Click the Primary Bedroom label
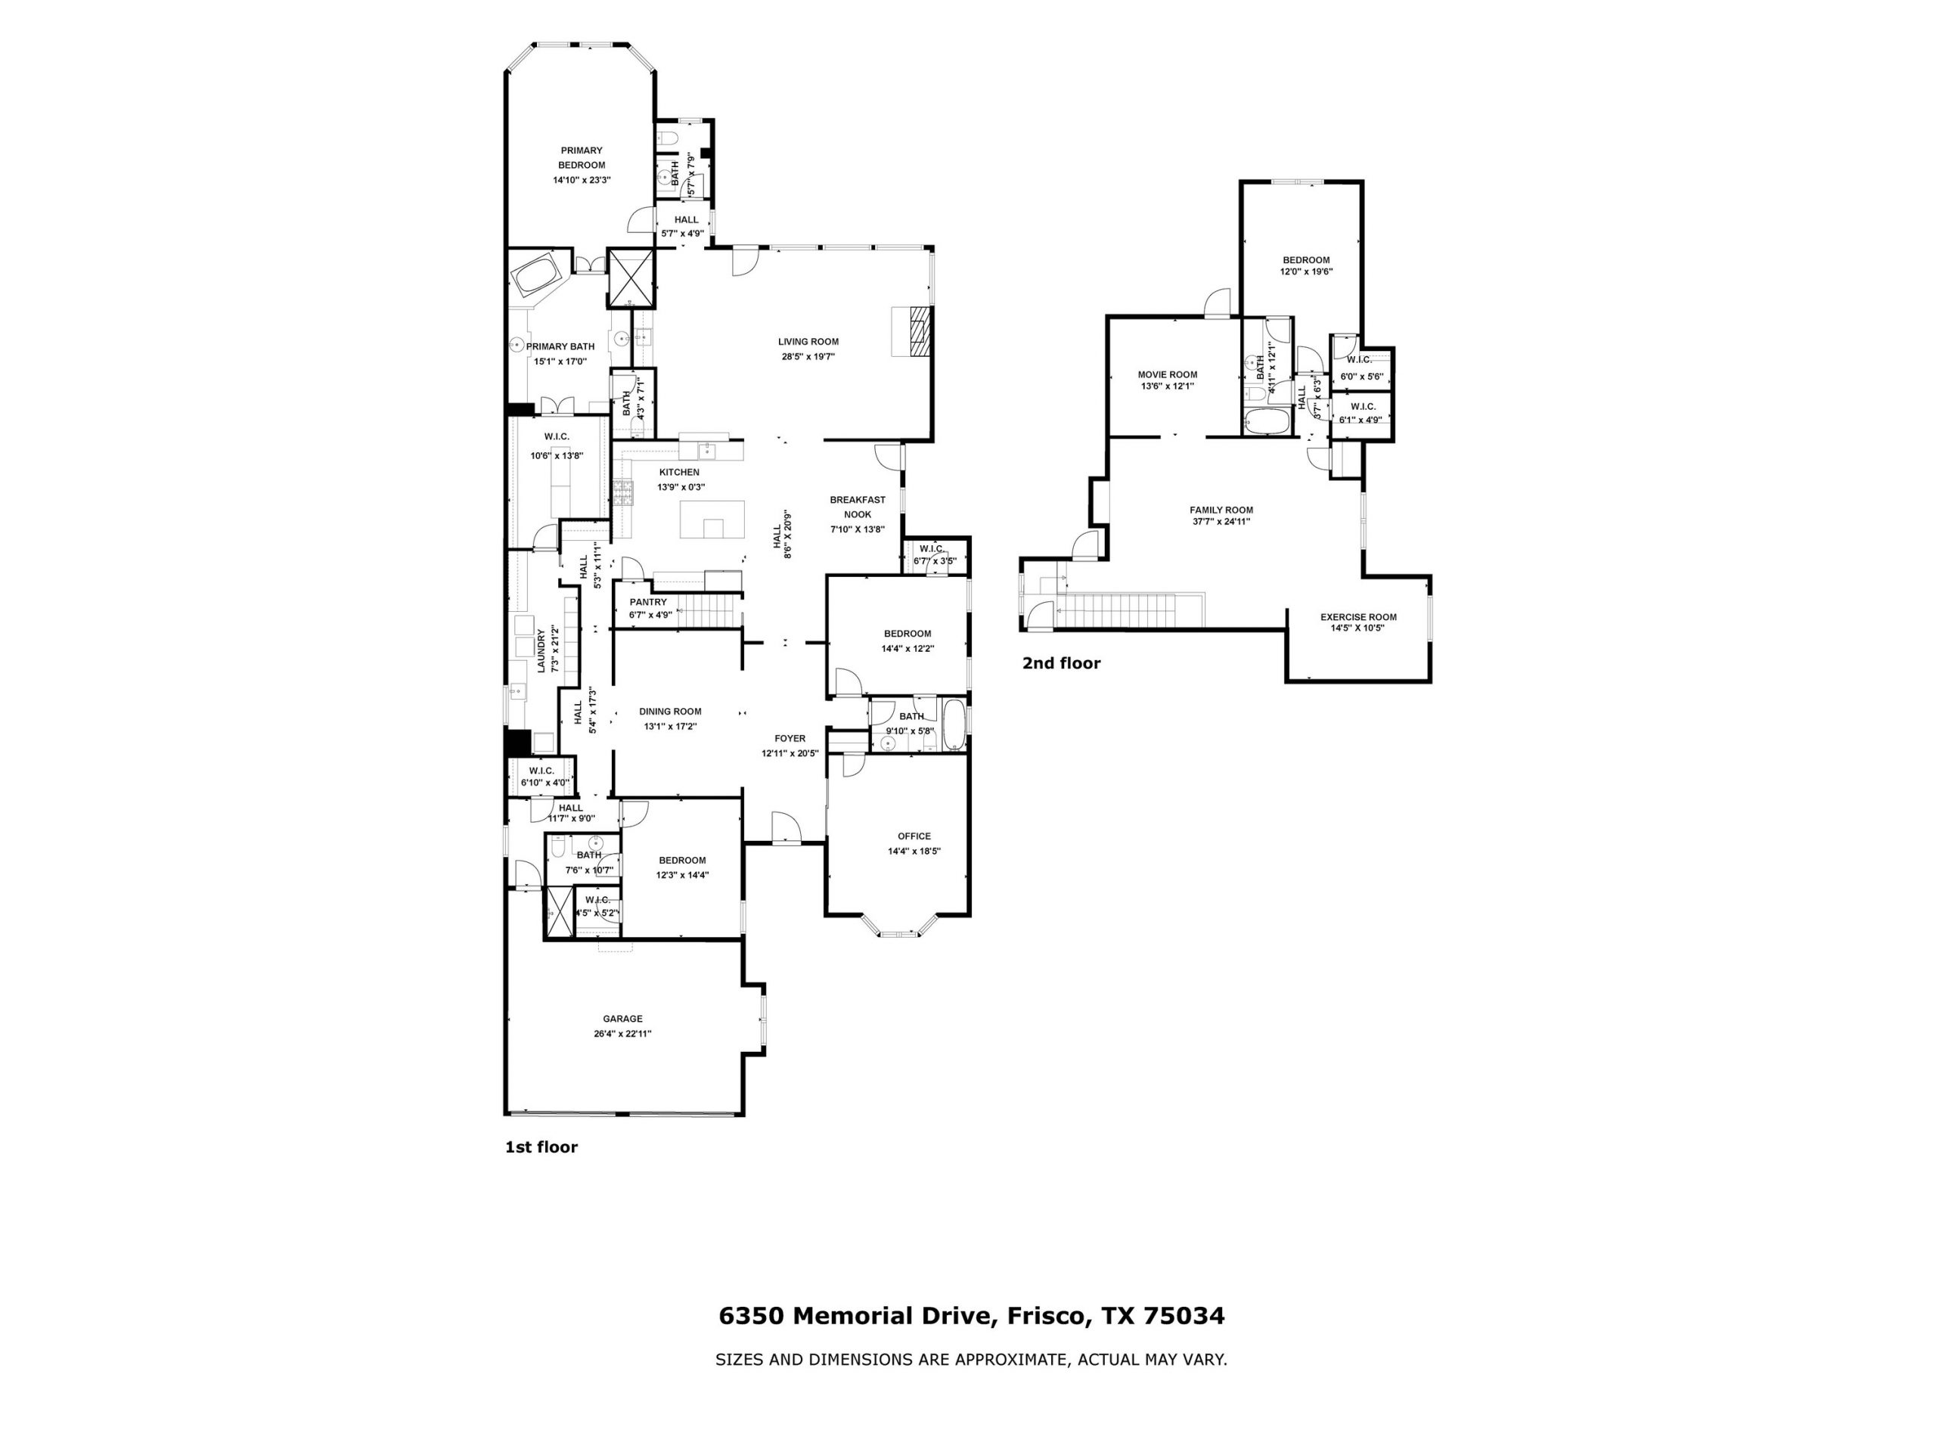581,157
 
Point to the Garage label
622,1019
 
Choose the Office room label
914,836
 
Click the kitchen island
712,519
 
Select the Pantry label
647,602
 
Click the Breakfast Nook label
858,507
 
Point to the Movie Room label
1168,374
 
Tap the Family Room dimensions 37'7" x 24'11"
1221,522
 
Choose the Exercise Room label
1358,617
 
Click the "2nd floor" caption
1061,663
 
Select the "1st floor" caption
541,1146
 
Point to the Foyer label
790,738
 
